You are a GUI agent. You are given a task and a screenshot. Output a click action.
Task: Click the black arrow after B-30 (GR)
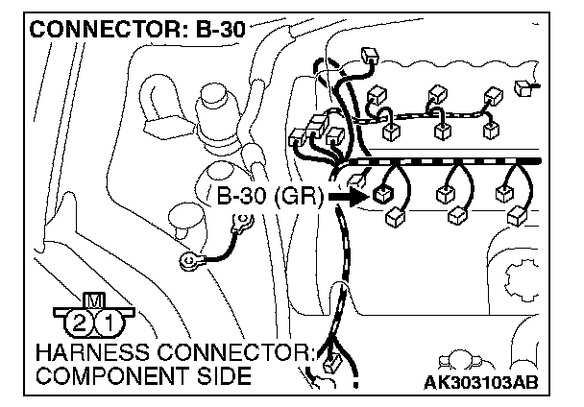(345, 197)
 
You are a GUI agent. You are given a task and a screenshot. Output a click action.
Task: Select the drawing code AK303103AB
(480, 382)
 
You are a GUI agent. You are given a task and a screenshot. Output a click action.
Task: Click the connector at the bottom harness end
(330, 364)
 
